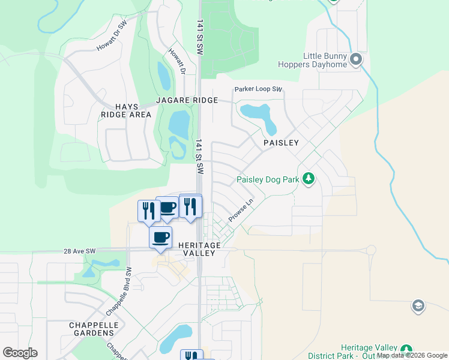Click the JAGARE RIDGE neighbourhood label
pos(187,100)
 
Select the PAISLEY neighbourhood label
pos(281,143)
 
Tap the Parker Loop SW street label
pos(258,89)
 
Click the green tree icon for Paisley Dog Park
pos(309,179)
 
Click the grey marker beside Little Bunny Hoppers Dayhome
pos(356,59)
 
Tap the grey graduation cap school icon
pos(418,307)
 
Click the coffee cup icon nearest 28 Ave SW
pos(160,237)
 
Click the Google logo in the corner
pos(20,352)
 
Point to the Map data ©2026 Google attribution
pos(412,356)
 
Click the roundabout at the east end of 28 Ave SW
pos(370,250)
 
